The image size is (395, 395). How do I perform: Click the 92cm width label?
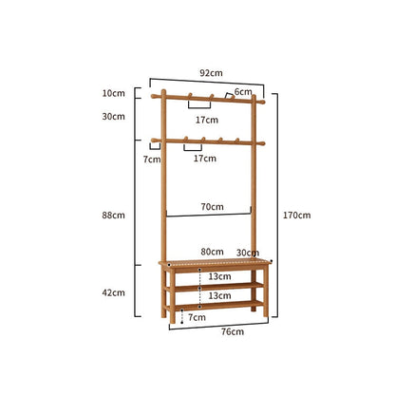tap(211, 73)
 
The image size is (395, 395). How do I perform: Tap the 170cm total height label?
tap(296, 216)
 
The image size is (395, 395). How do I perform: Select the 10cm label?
tap(114, 93)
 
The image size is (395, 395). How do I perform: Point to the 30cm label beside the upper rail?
tap(114, 117)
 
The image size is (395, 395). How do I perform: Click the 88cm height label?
tap(114, 216)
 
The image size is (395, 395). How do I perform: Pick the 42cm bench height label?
tap(114, 292)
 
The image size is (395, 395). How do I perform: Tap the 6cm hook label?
tap(243, 92)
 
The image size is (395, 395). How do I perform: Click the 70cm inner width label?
tap(212, 207)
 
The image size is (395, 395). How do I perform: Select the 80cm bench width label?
tap(212, 252)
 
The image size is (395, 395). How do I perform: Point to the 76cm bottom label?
tap(233, 331)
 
